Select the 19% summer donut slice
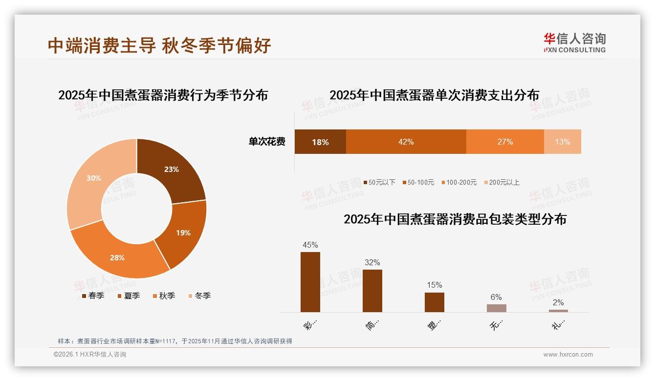coord(182,233)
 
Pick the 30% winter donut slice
coord(94,178)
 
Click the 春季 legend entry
coord(93,296)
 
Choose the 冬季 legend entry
coord(199,296)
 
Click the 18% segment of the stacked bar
coord(320,142)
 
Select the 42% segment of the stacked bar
coord(406,142)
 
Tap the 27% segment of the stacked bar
coord(505,142)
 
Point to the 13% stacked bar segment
coord(562,142)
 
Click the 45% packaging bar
coord(310,282)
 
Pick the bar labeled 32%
coord(372,291)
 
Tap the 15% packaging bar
coord(434,302)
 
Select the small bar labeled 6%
coord(496,308)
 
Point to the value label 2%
coord(558,302)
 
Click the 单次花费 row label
coord(267,142)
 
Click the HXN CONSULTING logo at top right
coord(574,43)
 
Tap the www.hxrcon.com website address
coord(568,355)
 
